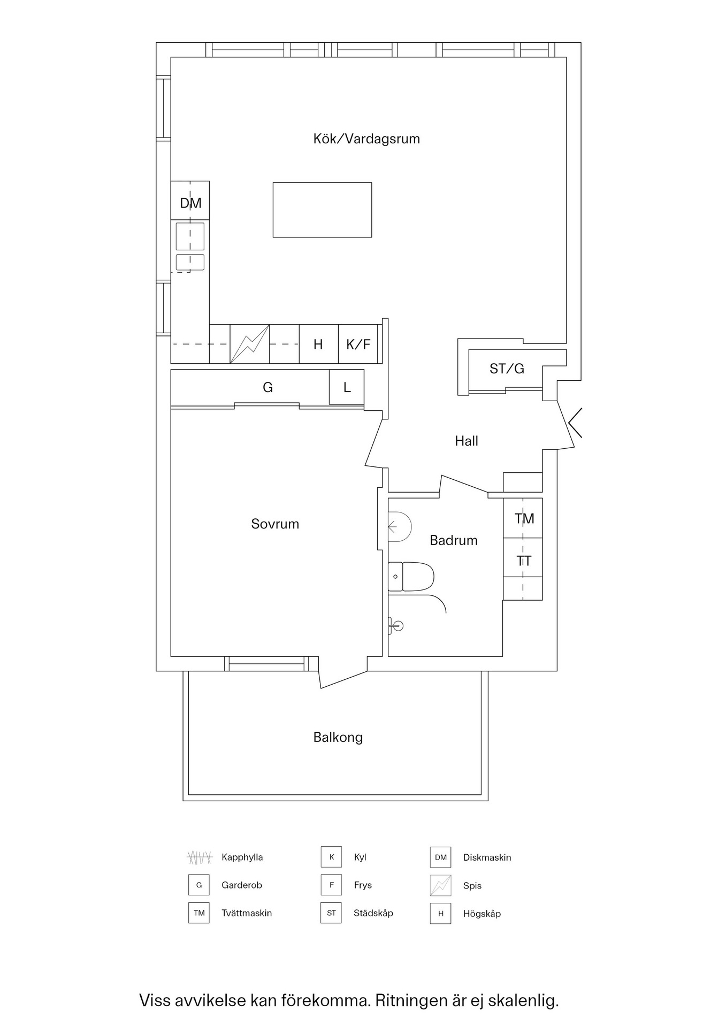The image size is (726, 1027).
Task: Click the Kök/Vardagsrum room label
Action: point(366,139)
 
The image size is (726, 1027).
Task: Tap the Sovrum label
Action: point(275,524)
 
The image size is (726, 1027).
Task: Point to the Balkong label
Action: point(338,737)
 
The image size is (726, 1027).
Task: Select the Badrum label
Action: point(454,540)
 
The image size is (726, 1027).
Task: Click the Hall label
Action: point(467,441)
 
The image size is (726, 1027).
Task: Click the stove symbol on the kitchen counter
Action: point(250,344)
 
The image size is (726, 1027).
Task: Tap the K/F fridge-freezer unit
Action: point(358,344)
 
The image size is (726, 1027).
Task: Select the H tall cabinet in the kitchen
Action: point(318,344)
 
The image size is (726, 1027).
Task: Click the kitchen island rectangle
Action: point(322,210)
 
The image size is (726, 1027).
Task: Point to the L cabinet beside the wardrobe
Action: point(347,387)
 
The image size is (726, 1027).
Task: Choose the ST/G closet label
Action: point(507,369)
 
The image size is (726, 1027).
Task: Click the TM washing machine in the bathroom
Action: point(524,518)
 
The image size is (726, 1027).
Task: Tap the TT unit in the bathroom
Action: point(524,561)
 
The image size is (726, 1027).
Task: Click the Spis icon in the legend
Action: point(441,885)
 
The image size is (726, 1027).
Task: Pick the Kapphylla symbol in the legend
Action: point(200,857)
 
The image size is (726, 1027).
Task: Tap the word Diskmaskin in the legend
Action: point(487,857)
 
